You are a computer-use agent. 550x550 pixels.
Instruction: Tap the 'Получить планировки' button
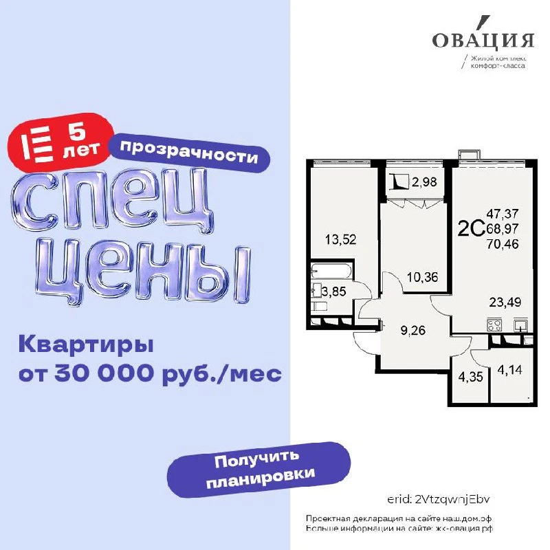click(259, 470)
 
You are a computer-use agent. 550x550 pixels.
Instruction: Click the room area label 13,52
click(340, 240)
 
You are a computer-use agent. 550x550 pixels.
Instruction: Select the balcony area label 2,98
click(424, 182)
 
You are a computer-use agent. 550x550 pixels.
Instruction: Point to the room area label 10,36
click(423, 278)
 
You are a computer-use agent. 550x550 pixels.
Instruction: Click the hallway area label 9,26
click(413, 330)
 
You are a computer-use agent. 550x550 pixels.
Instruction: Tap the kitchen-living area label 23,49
click(505, 302)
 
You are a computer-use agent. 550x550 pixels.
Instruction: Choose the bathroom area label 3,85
click(334, 291)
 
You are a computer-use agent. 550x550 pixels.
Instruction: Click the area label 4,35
click(471, 377)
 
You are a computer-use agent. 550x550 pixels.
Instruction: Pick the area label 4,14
click(509, 370)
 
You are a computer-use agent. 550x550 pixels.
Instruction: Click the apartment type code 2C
click(472, 229)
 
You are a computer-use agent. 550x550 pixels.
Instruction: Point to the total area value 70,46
click(503, 244)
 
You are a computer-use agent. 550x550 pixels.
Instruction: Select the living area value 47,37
click(503, 214)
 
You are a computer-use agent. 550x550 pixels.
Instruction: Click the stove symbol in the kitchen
click(494, 324)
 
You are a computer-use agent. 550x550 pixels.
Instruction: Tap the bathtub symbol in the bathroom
click(329, 271)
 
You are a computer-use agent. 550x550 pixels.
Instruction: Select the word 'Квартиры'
click(87, 344)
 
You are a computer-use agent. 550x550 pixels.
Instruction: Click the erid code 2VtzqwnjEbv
click(452, 500)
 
